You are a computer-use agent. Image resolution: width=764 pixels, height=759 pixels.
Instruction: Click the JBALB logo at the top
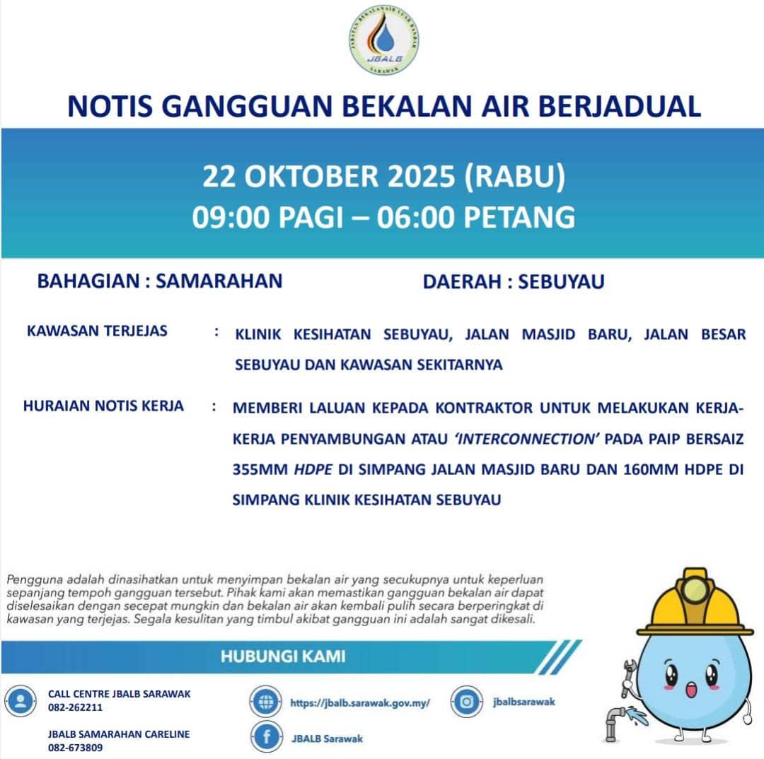(x=382, y=41)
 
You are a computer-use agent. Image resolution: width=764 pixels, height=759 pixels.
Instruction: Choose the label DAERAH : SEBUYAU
(x=514, y=282)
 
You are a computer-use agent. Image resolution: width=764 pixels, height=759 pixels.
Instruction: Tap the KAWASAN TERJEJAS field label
(x=97, y=331)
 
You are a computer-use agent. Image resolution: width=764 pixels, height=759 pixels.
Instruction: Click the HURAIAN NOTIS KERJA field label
(x=103, y=406)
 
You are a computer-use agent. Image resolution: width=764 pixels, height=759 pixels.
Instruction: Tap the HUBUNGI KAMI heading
(x=283, y=656)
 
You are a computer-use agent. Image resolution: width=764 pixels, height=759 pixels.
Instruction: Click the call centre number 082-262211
(x=75, y=707)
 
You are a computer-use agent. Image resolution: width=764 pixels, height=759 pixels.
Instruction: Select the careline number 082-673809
(x=75, y=747)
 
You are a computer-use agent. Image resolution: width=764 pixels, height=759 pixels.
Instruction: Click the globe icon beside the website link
(x=266, y=702)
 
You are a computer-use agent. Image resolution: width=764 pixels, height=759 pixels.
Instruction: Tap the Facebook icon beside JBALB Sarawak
(x=266, y=738)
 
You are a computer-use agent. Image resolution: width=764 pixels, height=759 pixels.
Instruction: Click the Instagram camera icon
(x=466, y=702)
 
